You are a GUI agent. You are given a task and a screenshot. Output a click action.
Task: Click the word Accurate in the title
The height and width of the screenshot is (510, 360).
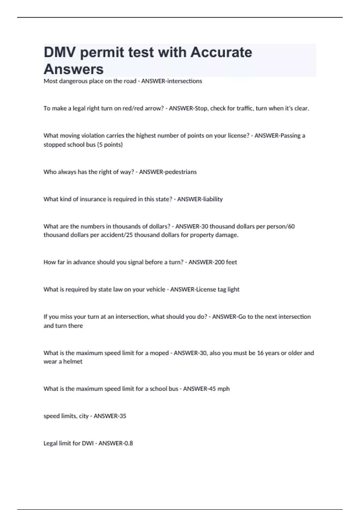click(x=221, y=52)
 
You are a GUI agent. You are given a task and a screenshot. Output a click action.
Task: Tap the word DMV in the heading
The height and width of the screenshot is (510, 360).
click(x=61, y=52)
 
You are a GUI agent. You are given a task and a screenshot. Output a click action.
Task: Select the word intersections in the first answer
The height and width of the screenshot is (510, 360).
click(x=184, y=81)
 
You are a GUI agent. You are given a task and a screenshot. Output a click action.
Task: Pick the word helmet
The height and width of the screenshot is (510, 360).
click(x=73, y=361)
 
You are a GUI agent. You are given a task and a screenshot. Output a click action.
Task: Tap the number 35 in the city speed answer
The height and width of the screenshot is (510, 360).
click(x=122, y=416)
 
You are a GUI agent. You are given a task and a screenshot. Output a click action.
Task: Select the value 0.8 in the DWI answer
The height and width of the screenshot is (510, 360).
click(x=128, y=443)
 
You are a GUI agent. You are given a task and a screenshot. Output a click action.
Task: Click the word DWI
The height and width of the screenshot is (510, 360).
click(x=88, y=443)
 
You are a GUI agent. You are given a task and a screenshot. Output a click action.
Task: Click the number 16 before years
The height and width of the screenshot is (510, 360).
click(x=260, y=353)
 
